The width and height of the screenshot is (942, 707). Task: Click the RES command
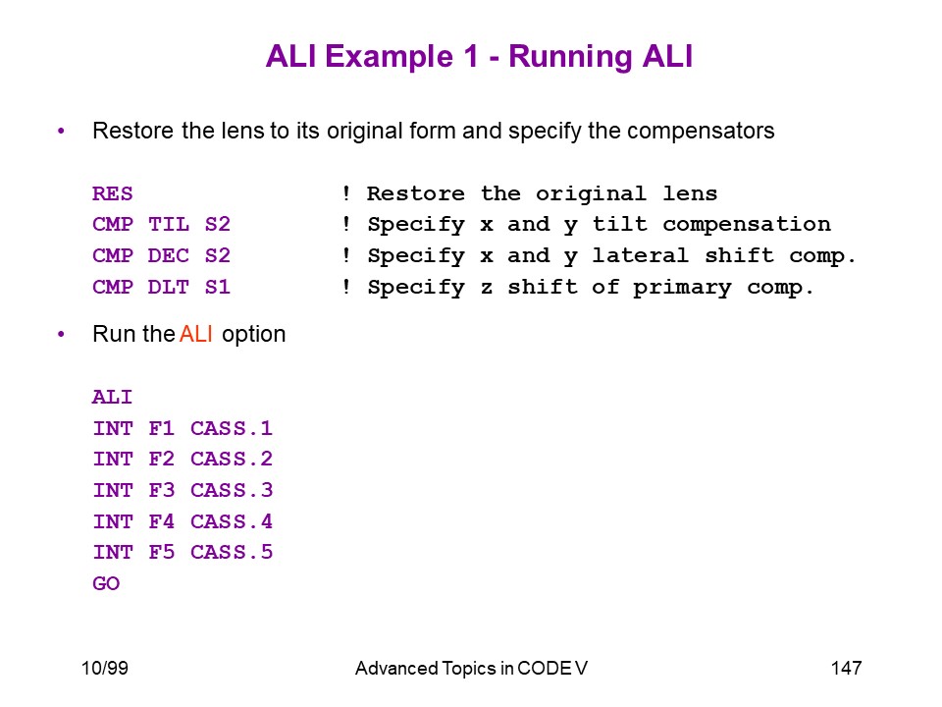tap(112, 193)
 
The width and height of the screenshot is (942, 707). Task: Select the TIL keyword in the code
tap(169, 224)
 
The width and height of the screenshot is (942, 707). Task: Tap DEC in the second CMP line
tap(169, 255)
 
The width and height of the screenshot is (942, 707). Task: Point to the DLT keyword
tap(169, 287)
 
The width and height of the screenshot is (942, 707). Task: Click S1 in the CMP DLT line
tap(218, 287)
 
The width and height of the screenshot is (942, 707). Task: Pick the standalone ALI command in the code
tap(112, 397)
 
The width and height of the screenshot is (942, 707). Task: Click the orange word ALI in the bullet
tap(196, 334)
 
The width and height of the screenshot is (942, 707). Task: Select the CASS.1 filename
tap(232, 428)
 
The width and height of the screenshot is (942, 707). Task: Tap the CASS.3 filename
tap(232, 490)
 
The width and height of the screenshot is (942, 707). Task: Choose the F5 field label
tap(162, 552)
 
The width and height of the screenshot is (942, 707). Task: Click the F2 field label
tap(162, 459)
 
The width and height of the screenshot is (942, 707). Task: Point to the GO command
tap(106, 583)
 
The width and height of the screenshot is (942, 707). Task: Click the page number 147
tap(847, 668)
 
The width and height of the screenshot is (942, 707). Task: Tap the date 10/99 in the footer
tap(105, 668)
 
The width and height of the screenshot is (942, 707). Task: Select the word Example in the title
tap(390, 57)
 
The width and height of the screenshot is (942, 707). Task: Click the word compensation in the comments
tap(747, 225)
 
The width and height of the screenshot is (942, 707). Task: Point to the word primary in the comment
tap(683, 288)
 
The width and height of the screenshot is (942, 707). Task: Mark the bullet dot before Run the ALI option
tap(61, 334)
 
